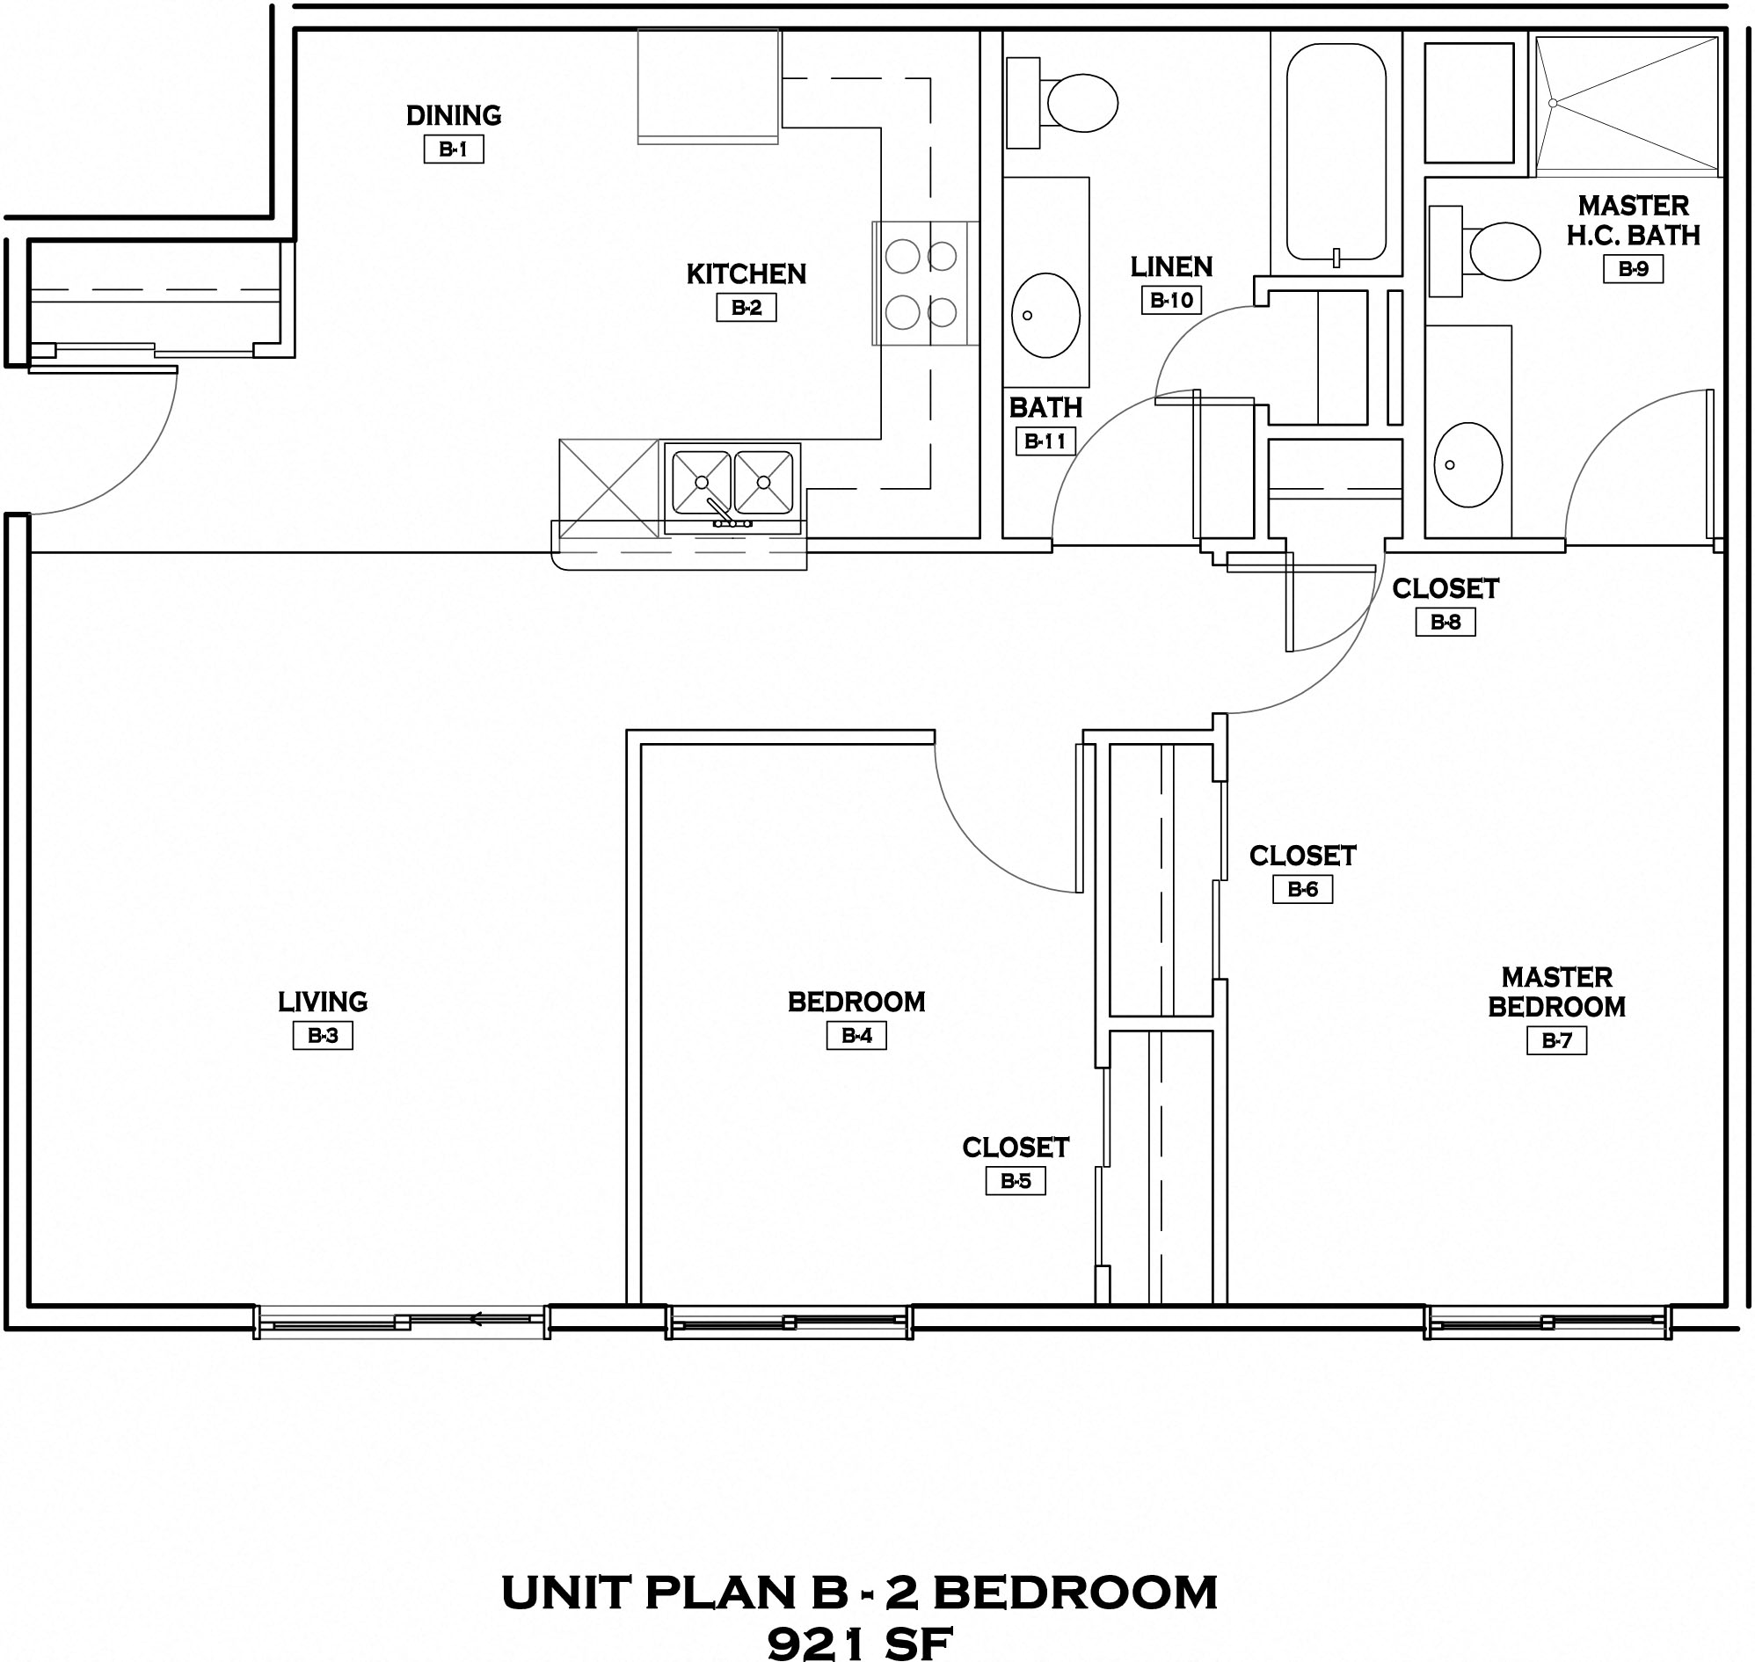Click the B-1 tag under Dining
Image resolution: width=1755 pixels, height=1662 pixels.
454,149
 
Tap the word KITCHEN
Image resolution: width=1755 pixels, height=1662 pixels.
746,274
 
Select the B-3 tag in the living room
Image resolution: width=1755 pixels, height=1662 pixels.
323,1036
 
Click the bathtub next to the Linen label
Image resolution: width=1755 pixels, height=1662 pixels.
1336,152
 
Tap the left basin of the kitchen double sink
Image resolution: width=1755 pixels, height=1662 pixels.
702,483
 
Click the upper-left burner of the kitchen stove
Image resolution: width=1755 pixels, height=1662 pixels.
903,257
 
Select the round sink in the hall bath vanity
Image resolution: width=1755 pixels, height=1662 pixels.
1045,316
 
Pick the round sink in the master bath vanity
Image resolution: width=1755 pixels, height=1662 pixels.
1468,464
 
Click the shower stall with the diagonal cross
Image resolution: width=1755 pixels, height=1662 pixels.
1627,103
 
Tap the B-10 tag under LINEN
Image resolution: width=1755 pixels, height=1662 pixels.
1171,301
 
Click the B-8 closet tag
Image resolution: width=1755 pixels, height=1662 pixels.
1445,622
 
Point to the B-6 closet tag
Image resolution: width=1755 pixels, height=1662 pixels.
1302,889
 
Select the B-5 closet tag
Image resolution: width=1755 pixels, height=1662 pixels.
1016,1181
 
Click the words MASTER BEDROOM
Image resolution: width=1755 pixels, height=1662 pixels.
1555,992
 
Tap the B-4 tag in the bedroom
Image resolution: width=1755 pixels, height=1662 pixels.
856,1036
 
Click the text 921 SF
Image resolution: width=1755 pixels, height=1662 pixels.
859,1644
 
